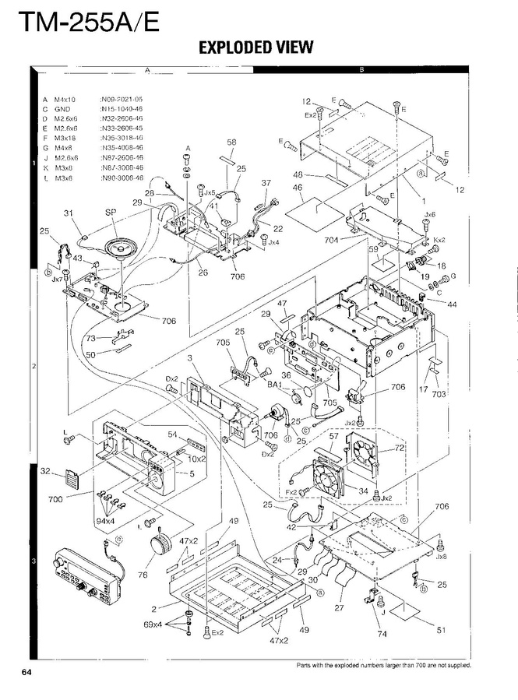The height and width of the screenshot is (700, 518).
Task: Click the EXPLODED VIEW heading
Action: click(x=255, y=47)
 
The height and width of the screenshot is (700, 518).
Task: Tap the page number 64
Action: click(x=26, y=671)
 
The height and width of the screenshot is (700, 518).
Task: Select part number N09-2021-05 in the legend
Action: click(x=121, y=100)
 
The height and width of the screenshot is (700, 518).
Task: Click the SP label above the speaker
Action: click(x=110, y=212)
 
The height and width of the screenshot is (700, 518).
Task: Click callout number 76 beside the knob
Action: click(x=143, y=575)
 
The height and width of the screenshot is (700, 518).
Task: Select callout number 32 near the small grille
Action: click(x=46, y=471)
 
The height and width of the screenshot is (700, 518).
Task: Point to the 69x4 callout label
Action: click(x=153, y=624)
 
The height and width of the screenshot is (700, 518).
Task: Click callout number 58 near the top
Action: click(x=231, y=142)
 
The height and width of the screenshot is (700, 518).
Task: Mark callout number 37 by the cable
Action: click(x=266, y=183)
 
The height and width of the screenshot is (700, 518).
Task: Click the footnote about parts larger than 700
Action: click(x=384, y=665)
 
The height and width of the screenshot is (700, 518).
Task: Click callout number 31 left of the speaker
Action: click(x=68, y=213)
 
